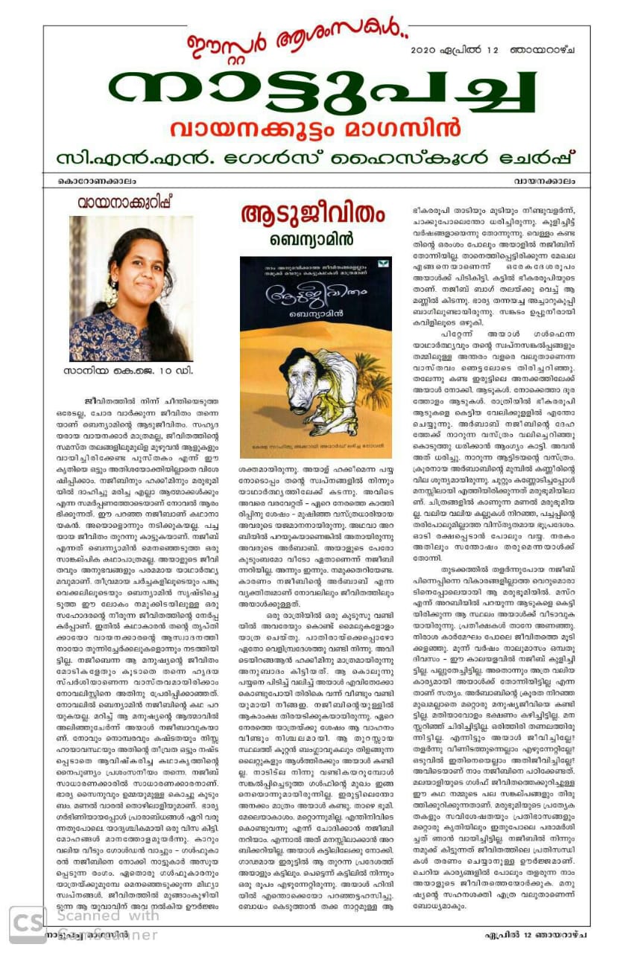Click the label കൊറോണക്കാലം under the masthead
click(89, 181)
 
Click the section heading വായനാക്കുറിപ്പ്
click(132, 203)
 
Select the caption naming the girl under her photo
click(132, 370)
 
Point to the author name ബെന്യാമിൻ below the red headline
click(314, 243)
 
